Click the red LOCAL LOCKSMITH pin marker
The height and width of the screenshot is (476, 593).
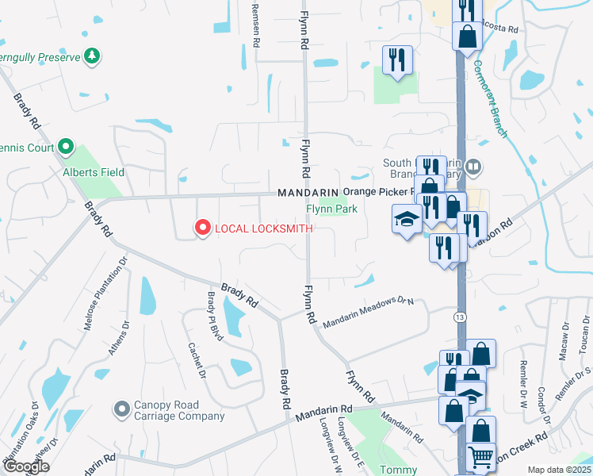coord(202,228)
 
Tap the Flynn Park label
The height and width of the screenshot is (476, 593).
coord(332,209)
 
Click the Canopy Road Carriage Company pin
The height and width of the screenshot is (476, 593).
coord(121,409)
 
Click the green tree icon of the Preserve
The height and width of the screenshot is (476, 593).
coord(93,56)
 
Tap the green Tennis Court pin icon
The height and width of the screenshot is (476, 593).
coord(66,147)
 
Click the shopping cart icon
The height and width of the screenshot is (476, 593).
coord(481,458)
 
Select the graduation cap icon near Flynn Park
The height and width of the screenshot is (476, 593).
coord(407,218)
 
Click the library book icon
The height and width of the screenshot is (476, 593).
coord(472,167)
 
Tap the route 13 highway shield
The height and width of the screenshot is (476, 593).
coord(461,317)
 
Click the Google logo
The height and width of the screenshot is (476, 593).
coord(26,466)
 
